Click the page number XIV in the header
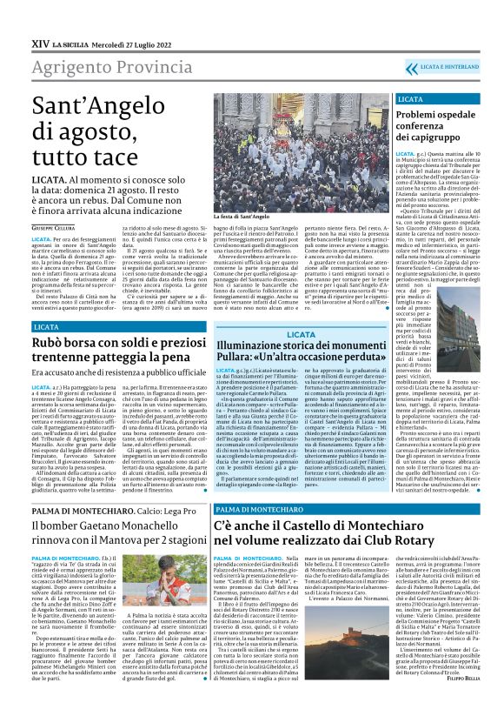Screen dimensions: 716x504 (x=39, y=41)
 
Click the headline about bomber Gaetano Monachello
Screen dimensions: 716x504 (x=118, y=519)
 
